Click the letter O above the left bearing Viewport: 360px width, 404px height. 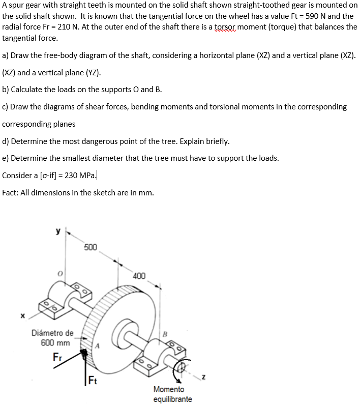(59, 274)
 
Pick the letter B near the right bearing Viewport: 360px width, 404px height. (164, 334)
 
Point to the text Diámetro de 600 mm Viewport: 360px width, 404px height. (52, 338)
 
